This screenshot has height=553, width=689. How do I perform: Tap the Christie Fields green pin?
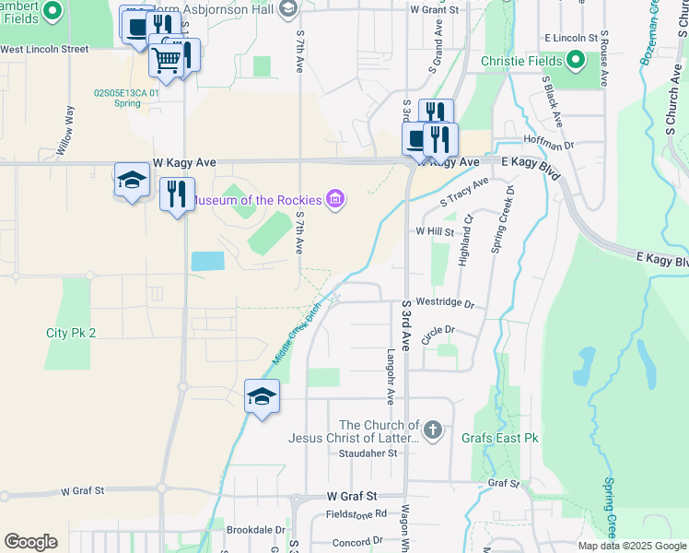point(577,62)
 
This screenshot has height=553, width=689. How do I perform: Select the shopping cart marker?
point(166,61)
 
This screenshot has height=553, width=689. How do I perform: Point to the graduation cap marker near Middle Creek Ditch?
point(262,397)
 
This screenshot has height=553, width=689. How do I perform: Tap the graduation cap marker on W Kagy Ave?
point(132,181)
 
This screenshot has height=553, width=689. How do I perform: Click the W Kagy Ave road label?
point(184,162)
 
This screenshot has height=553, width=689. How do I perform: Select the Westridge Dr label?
point(445,302)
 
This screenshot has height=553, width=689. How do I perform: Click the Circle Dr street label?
point(438,329)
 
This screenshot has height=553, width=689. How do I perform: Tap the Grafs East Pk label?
point(507,438)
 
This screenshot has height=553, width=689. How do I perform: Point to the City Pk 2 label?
point(71,333)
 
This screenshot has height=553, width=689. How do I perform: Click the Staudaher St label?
point(367,453)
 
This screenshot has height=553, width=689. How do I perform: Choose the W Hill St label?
point(435,231)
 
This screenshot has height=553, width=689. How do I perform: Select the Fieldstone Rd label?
point(354,513)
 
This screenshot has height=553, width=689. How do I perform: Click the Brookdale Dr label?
point(256,530)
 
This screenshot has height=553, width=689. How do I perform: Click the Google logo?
point(30,542)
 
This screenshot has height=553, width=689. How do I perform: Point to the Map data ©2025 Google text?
point(632,546)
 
